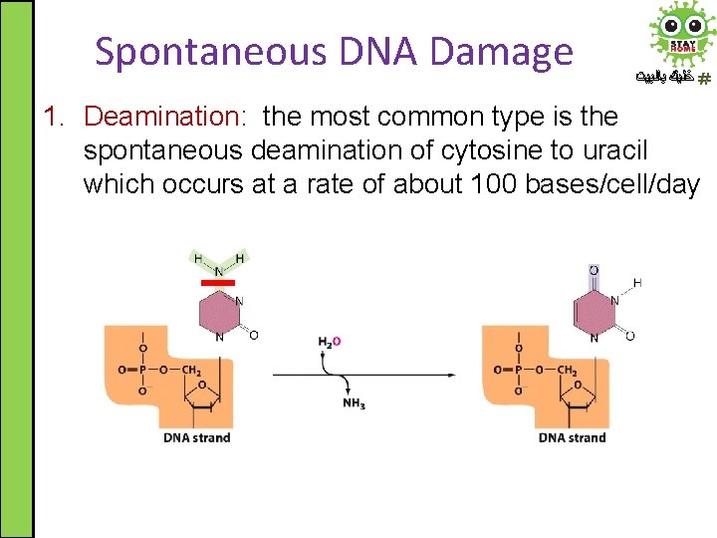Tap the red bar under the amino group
(218, 283)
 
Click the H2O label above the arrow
(330, 342)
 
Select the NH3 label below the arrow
(354, 403)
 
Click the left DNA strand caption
(197, 437)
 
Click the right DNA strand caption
(573, 437)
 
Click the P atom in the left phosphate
(141, 371)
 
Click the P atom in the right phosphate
(518, 371)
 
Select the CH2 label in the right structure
(567, 371)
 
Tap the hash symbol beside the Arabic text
(704, 79)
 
